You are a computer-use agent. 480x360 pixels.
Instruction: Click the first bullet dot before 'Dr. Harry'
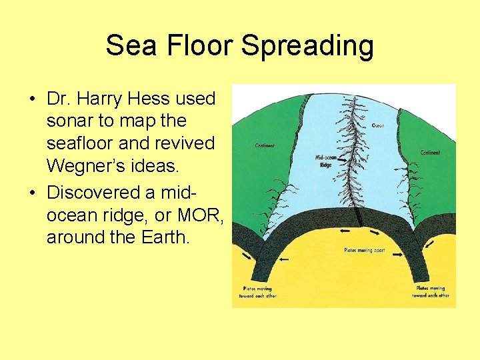(31, 99)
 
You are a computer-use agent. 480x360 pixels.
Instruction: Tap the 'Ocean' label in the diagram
(377, 126)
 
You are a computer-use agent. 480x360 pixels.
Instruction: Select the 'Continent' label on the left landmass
(265, 145)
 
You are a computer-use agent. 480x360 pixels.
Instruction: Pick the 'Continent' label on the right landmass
(430, 153)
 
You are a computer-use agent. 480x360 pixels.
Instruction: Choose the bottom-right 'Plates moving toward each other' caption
(431, 292)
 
